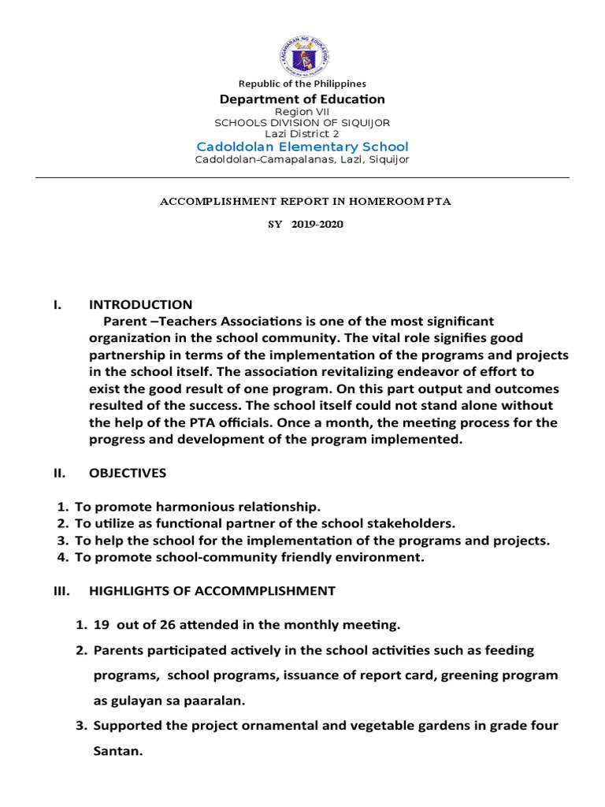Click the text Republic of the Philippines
(302, 84)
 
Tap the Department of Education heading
(302, 99)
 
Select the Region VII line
(302, 113)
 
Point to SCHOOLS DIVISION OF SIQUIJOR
(302, 123)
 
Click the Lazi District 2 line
(302, 134)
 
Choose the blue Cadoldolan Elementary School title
(302, 147)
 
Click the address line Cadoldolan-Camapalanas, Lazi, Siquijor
(302, 160)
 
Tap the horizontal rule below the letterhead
(302, 178)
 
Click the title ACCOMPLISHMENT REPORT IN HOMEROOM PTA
(306, 202)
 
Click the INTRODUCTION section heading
(140, 305)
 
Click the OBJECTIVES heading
(128, 473)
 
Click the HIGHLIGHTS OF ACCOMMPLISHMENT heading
(212, 591)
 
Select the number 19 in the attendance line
(101, 626)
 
